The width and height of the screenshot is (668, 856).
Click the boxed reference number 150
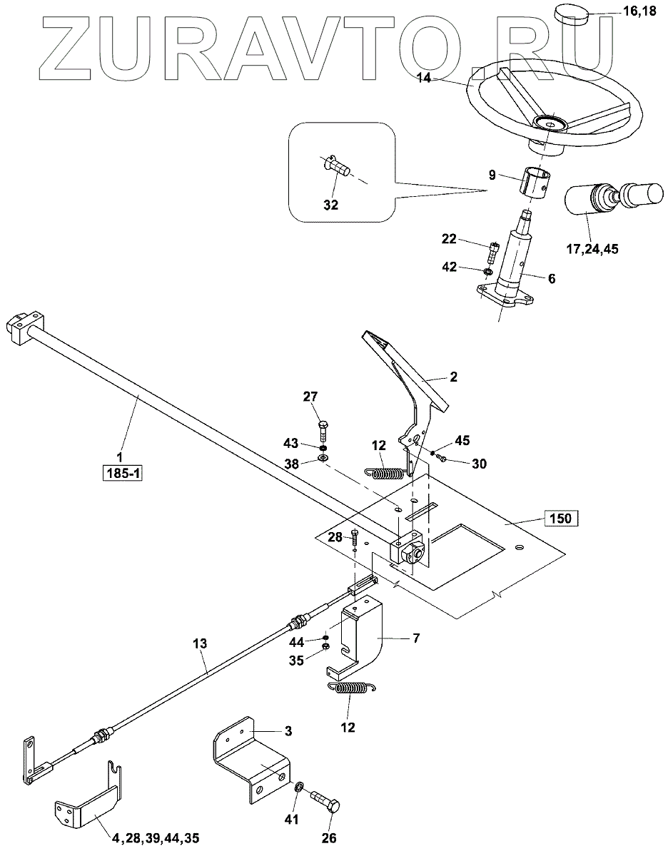click(560, 518)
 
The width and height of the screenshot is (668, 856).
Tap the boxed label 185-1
click(122, 473)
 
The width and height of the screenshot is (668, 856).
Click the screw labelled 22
click(492, 253)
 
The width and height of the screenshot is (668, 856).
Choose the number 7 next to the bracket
click(416, 638)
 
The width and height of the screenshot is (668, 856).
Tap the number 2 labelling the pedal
click(453, 377)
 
